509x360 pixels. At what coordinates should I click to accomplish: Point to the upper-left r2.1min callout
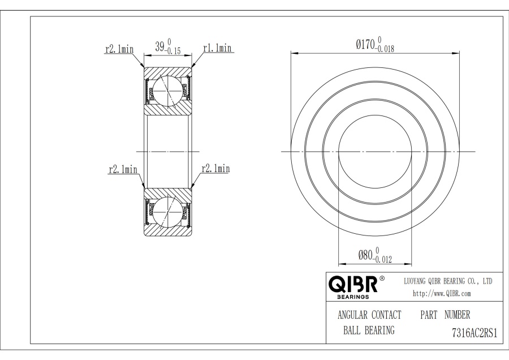coord(119,49)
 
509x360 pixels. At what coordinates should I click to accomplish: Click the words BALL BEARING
coord(368,331)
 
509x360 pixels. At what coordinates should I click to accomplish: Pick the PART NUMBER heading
coord(445,314)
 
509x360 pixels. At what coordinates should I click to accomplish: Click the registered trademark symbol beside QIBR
coord(382,278)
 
